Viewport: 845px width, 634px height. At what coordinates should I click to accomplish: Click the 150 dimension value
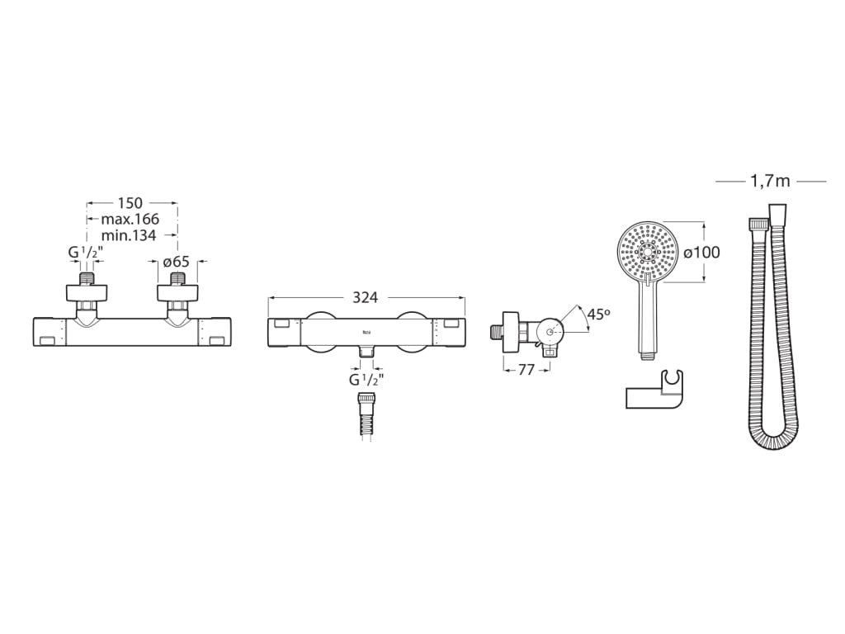pos(130,203)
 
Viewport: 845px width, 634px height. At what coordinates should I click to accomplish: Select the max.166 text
pos(130,219)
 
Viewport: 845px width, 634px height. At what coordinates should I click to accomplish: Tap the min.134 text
pos(129,235)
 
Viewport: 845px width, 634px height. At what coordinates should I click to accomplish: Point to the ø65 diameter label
pos(177,262)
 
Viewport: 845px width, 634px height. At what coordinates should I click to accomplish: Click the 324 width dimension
pos(365,297)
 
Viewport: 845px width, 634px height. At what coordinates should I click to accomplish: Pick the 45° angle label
pos(599,314)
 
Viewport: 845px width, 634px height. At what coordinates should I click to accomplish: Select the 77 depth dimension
pos(526,370)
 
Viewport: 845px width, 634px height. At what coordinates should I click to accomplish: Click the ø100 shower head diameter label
pos(701,252)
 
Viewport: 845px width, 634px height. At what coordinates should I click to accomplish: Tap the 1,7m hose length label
pos(770,181)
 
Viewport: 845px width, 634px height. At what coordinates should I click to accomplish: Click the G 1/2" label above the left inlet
pos(86,253)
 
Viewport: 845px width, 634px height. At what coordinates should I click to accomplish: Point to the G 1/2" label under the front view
pos(366,380)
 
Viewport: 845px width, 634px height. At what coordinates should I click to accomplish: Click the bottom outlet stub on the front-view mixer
pos(366,351)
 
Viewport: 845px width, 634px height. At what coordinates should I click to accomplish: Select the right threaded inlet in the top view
pos(178,279)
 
